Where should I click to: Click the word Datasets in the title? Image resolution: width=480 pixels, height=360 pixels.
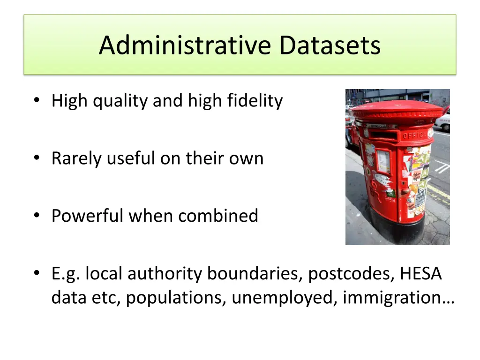(330, 45)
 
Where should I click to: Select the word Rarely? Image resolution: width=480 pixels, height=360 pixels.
(77, 158)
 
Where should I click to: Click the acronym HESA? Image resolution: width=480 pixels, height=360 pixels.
(421, 274)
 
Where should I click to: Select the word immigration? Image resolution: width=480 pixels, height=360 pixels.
(398, 298)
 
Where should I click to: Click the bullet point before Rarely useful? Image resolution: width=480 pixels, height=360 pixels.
(37, 159)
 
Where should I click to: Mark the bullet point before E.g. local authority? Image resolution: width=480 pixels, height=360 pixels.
(37, 274)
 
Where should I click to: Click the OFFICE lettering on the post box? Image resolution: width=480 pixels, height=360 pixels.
(414, 135)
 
